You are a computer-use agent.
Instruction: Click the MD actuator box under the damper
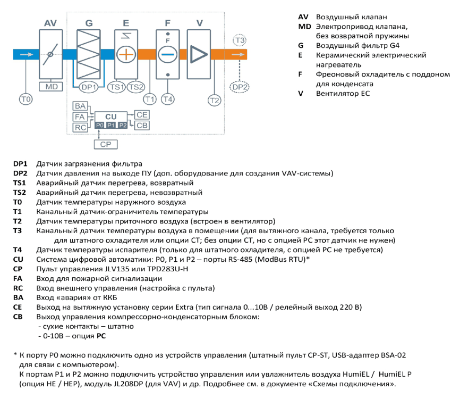pos(51,87)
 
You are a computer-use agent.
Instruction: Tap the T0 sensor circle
pos(26,99)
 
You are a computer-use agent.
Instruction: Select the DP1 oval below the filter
pos(89,87)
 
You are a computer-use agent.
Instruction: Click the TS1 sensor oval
pos(116,87)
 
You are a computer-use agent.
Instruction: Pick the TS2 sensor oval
pos(136,87)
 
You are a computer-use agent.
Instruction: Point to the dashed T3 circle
pos(240,40)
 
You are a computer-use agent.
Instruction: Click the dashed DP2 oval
pos(240,87)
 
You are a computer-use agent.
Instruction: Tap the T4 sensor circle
pos(168,99)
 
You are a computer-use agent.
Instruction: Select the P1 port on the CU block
pos(111,126)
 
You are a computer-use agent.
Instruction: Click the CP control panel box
pos(106,144)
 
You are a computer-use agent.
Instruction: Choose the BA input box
pos(80,106)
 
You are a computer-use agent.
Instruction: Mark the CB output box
pos(142,126)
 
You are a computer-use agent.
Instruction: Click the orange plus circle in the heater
pos(126,55)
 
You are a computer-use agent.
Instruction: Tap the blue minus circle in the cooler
pos(168,55)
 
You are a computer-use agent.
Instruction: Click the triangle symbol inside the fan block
pos(199,54)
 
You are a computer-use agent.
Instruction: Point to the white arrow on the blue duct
pos(27,54)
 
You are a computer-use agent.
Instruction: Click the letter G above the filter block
pos(89,23)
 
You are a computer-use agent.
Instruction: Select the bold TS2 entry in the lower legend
pos(19,193)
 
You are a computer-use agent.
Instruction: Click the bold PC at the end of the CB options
pos(101,336)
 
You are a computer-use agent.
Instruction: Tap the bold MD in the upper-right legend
pos(304,27)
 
